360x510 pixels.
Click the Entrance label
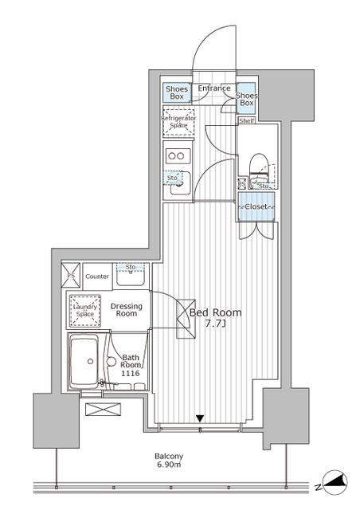(213, 88)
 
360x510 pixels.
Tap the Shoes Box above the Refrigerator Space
(176, 92)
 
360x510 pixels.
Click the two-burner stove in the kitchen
(177, 155)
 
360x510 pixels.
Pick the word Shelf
(248, 121)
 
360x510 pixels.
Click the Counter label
(96, 276)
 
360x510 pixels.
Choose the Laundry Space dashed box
(84, 309)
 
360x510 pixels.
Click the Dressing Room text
(127, 310)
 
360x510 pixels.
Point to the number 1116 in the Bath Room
(130, 372)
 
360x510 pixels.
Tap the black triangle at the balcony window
(201, 418)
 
